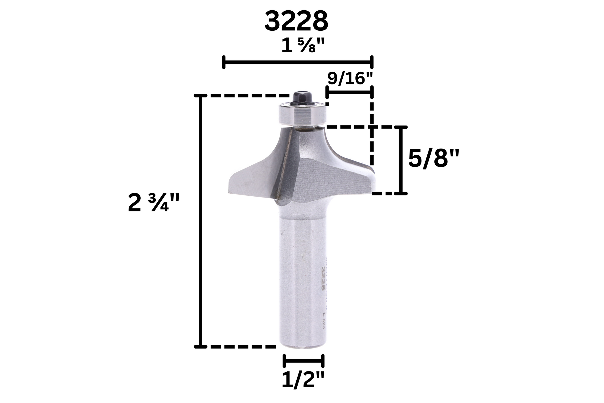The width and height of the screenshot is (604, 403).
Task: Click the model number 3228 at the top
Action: (296, 22)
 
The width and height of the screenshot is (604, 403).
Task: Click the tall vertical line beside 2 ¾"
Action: (201, 221)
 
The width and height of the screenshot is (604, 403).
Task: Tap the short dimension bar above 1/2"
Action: (303, 361)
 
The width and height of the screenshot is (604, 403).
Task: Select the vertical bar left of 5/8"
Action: (401, 160)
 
